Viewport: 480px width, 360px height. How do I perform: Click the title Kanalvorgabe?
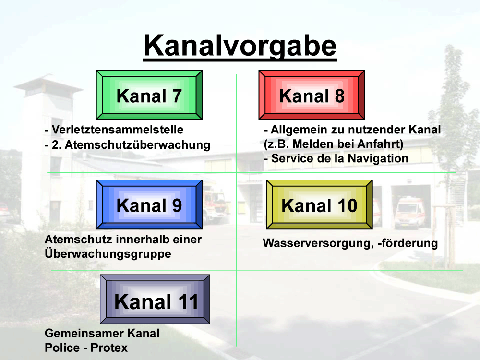(x=240, y=46)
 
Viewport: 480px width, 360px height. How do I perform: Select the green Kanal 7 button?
(x=149, y=95)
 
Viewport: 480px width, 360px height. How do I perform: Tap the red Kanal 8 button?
(x=312, y=95)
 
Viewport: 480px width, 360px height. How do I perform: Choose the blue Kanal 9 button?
(x=149, y=204)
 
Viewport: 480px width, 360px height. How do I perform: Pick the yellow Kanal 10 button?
(x=319, y=204)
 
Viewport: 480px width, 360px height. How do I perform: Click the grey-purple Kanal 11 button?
(x=155, y=299)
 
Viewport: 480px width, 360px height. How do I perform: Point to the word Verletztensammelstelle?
(x=118, y=130)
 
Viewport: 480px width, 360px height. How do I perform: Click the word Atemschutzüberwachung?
(x=137, y=145)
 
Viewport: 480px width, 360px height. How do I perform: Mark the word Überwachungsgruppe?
(x=108, y=253)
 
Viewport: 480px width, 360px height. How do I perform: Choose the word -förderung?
(x=408, y=243)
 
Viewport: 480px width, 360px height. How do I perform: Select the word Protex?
(x=109, y=348)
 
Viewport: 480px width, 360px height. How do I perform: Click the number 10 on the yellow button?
(x=348, y=205)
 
